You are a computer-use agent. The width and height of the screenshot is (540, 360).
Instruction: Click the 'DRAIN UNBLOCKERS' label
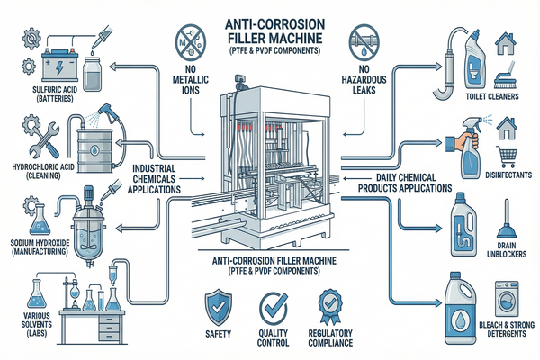click(x=499, y=248)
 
